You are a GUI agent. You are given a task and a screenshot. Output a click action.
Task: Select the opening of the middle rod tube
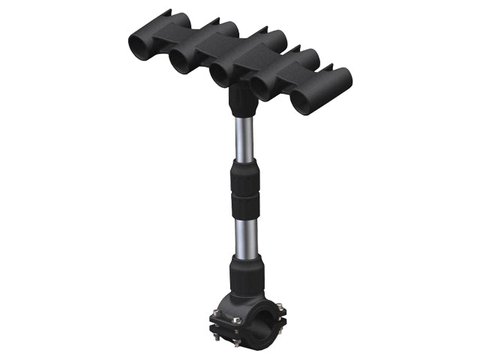tap(222, 74)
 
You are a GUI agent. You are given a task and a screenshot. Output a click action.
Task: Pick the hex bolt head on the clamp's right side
tap(278, 309)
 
